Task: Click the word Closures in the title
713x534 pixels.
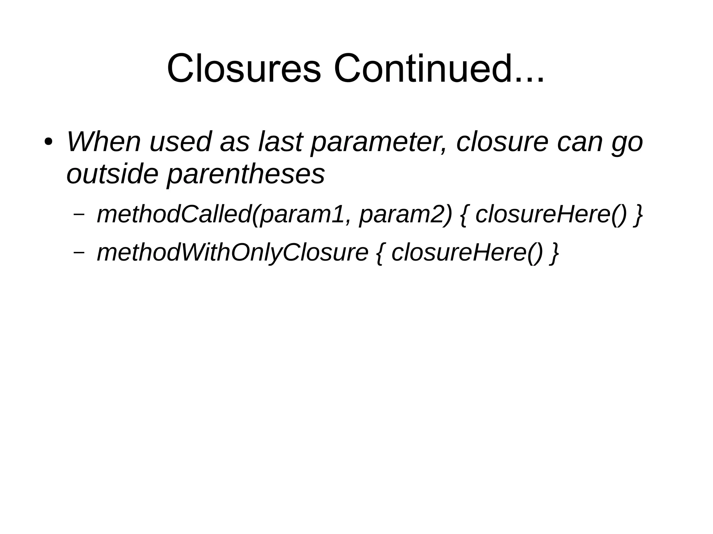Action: pos(244,69)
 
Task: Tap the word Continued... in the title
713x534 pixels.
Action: pos(439,69)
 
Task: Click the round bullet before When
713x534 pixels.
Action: pos(48,143)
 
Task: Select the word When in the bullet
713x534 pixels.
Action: pos(103,142)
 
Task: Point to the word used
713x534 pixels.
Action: pos(180,142)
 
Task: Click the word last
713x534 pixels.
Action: pos(280,142)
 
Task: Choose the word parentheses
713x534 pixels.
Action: pos(246,175)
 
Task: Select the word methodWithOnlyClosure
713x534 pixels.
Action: pos(233,253)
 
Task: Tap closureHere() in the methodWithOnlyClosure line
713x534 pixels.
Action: pos(467,253)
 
